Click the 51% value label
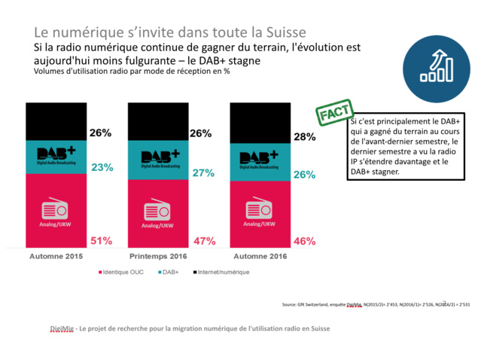[x=101, y=241]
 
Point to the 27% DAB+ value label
[x=203, y=172]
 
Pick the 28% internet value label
[x=305, y=137]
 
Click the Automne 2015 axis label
[x=56, y=257]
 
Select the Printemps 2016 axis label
[x=159, y=257]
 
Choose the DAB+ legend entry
[x=170, y=271]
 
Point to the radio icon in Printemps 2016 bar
[x=158, y=209]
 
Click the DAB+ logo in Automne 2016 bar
[x=260, y=159]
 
